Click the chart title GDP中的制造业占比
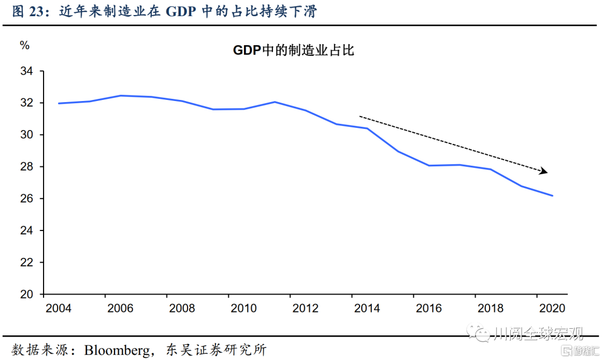pyautogui.click(x=294, y=51)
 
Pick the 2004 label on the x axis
pyautogui.click(x=58, y=308)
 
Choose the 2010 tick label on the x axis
pyautogui.click(x=243, y=308)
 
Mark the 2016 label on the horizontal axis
pyautogui.click(x=429, y=308)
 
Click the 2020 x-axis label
pyautogui.click(x=552, y=308)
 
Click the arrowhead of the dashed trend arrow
pyautogui.click(x=544, y=171)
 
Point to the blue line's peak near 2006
pyautogui.click(x=121, y=95)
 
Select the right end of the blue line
pyautogui.click(x=552, y=195)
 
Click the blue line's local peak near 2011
pyautogui.click(x=275, y=102)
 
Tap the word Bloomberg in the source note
pyautogui.click(x=117, y=350)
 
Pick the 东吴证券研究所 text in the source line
pyautogui.click(x=217, y=350)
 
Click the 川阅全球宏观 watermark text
pyautogui.click(x=539, y=334)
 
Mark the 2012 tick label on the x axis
pyautogui.click(x=305, y=308)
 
